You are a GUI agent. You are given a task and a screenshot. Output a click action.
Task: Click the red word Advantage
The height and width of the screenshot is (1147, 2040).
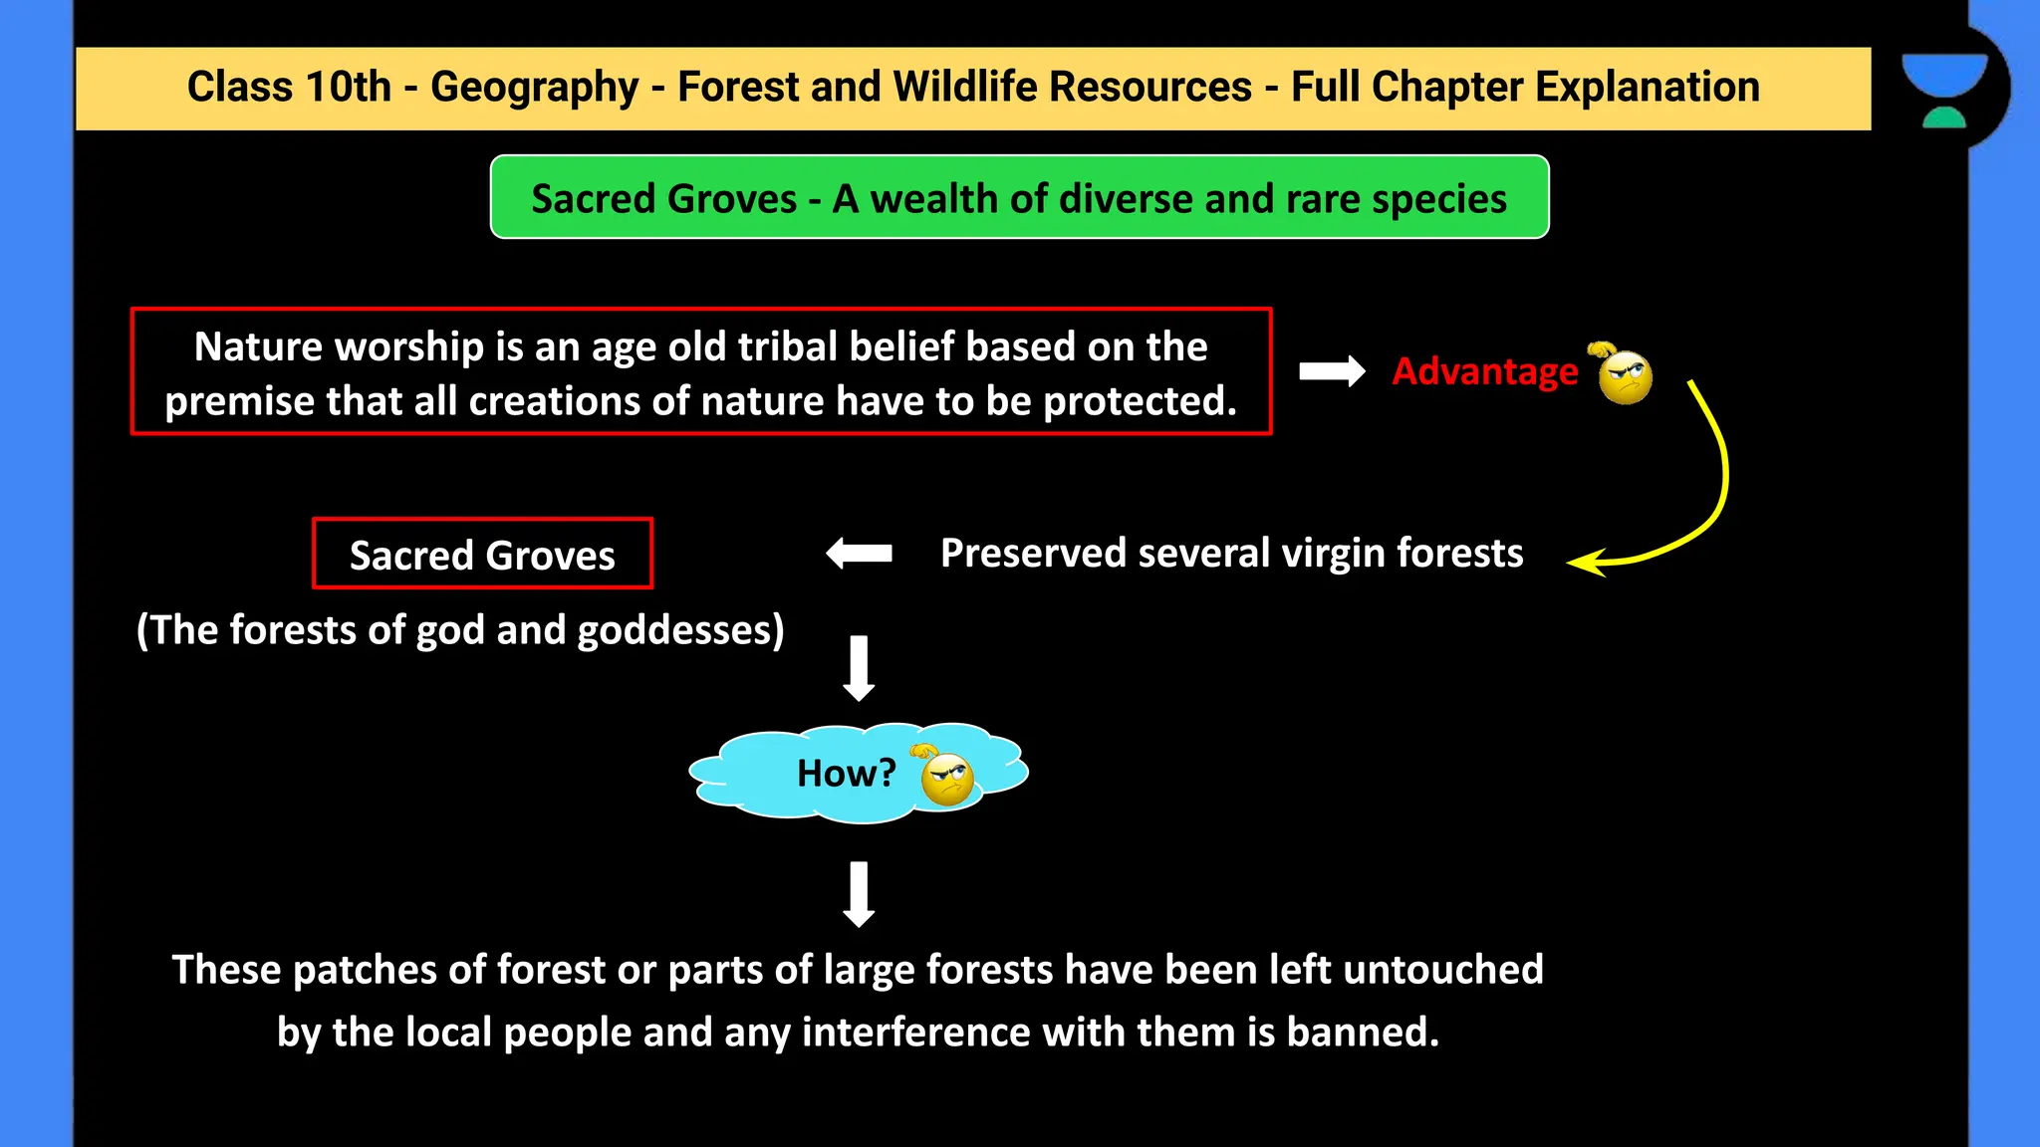coord(1484,371)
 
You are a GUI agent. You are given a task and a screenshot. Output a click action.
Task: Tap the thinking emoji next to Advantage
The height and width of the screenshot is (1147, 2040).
coord(1624,374)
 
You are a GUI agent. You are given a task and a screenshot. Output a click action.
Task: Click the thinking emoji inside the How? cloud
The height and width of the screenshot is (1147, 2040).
coord(945,778)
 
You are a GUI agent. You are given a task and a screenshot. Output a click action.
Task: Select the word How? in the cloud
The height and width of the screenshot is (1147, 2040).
coord(846,774)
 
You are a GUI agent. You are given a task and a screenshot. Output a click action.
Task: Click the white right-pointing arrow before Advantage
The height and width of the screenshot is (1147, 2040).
coord(1332,371)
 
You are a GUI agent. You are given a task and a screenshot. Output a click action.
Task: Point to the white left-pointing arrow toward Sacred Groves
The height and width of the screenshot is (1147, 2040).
coord(859,553)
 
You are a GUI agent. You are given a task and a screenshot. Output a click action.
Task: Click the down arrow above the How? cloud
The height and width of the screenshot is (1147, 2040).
coord(859,668)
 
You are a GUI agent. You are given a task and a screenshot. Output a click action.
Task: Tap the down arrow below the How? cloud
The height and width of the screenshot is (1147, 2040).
coord(859,894)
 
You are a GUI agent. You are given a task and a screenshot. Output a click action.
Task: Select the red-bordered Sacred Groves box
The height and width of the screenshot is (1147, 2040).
coord(482,554)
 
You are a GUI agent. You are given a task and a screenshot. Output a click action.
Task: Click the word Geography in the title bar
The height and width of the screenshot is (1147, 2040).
coord(534,88)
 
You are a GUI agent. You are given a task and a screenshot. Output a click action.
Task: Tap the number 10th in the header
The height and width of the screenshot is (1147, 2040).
coord(348,88)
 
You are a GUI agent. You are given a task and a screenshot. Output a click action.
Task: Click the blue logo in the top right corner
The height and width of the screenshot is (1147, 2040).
coord(1943,90)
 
